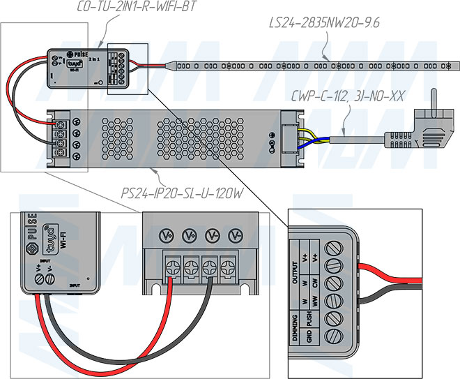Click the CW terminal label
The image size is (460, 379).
pos(316,283)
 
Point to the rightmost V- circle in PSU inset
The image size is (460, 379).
pos(236,236)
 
